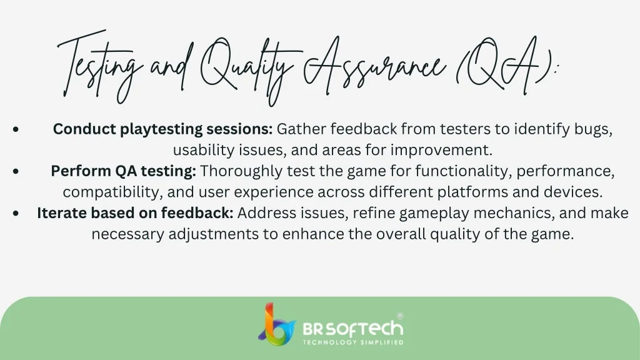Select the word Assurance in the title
pyautogui.click(x=374, y=65)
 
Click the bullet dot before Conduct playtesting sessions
pyautogui.click(x=16, y=129)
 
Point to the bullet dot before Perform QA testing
pyautogui.click(x=16, y=171)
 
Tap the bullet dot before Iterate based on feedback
pyautogui.click(x=16, y=213)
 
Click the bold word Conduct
pyautogui.click(x=84, y=129)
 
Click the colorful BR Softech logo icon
pyautogui.click(x=276, y=324)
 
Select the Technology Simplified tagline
pyautogui.click(x=353, y=342)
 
